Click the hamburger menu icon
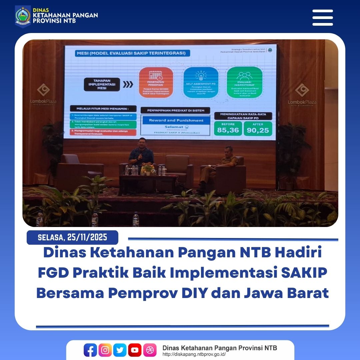322,18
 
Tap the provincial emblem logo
23,16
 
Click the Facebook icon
90,350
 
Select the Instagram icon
105,350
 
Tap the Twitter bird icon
120,350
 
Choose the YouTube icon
135,350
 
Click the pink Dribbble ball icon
150,350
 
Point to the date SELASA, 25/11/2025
72,237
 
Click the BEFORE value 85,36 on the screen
228,130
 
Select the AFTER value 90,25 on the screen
258,130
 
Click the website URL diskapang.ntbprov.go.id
194,354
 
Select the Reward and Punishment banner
176,120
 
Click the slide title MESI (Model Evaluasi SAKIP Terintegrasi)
128,53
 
